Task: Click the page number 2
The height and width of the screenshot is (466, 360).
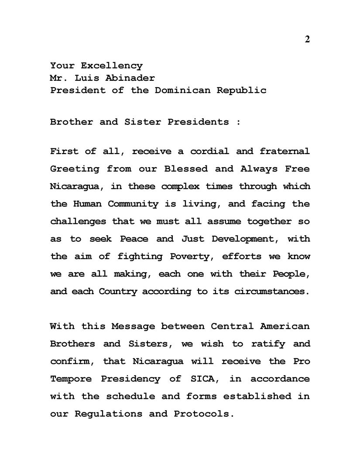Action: pyautogui.click(x=307, y=39)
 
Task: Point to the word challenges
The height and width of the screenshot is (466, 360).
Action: pyautogui.click(x=78, y=221)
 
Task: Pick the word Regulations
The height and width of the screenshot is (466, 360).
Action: pyautogui.click(x=108, y=413)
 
